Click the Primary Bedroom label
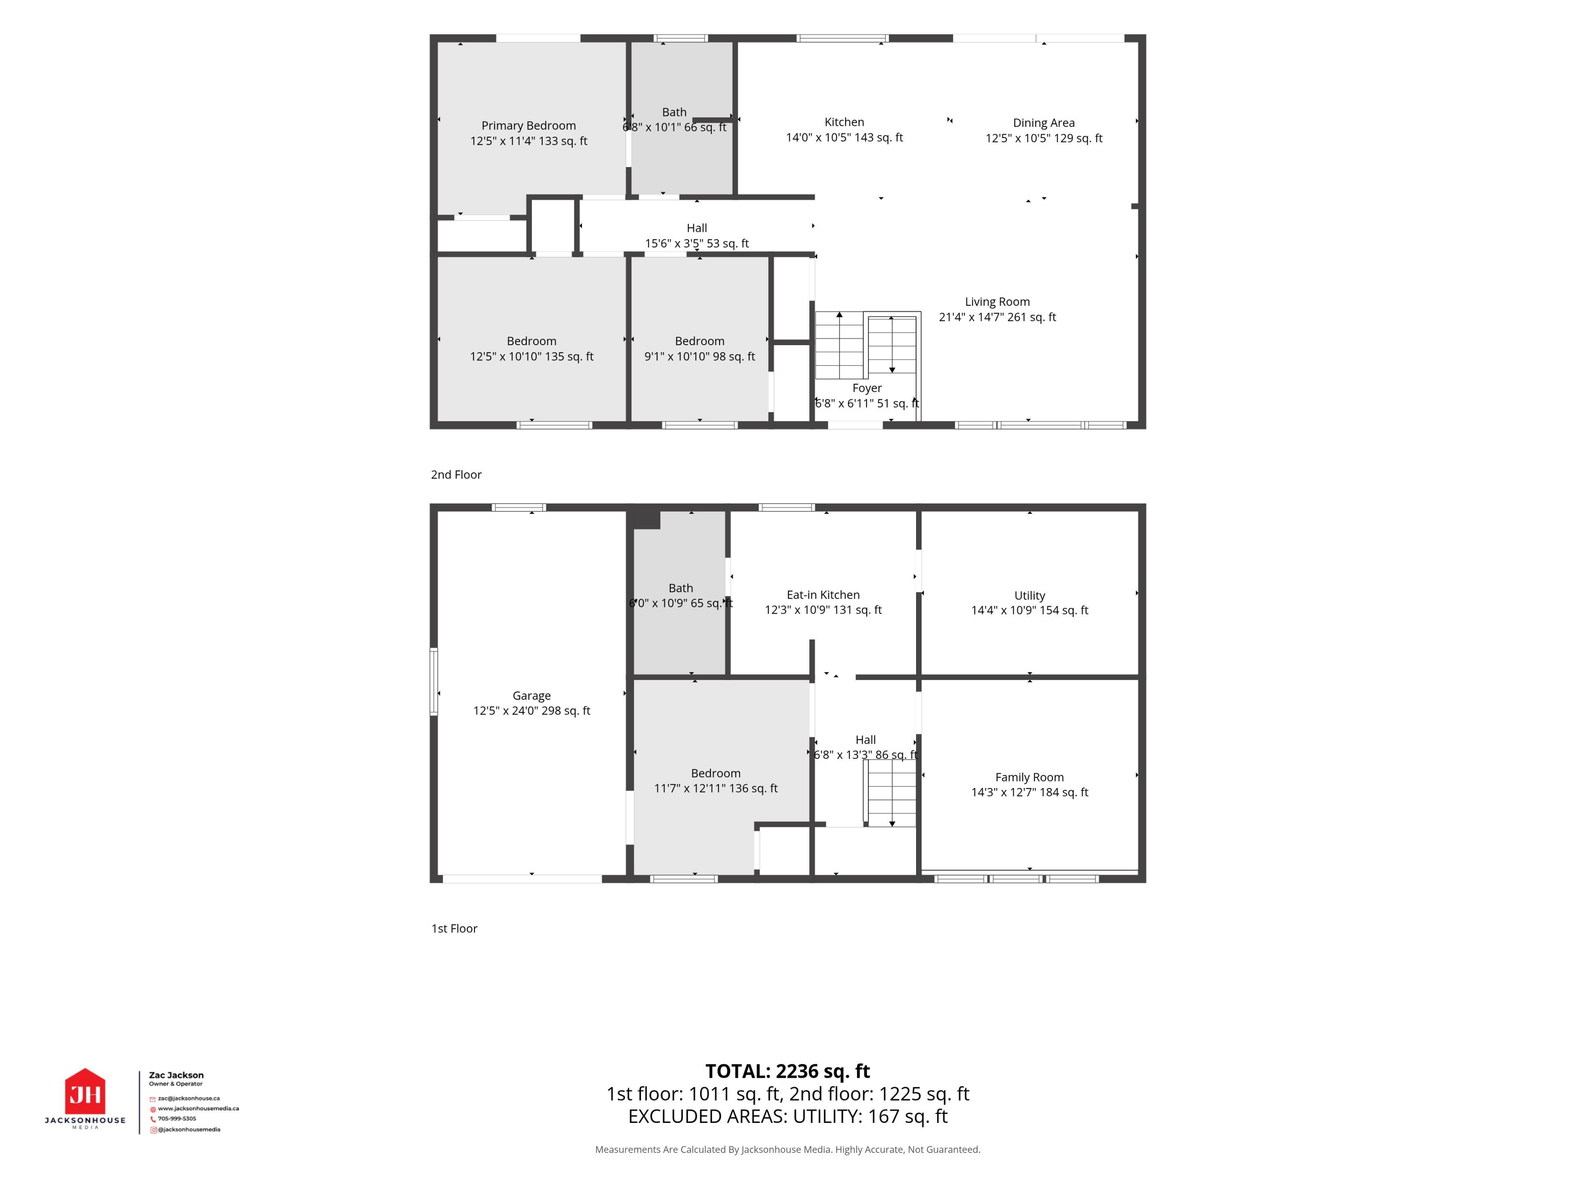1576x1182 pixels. [529, 126]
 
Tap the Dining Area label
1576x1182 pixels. [1044, 123]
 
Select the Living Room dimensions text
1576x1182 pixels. [997, 317]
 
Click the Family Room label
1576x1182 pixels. [1029, 777]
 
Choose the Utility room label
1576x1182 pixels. [1029, 596]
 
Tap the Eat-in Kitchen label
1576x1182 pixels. [823, 595]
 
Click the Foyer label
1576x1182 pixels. [867, 388]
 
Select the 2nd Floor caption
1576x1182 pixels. [456, 474]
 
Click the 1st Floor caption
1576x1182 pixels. [454, 928]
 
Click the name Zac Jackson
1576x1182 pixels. [176, 1075]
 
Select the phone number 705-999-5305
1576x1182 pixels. [177, 1118]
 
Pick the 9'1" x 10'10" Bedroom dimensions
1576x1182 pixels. [700, 356]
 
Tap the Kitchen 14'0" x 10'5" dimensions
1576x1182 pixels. [844, 137]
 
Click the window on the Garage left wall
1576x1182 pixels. [433, 681]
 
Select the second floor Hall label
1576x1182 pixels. [697, 228]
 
